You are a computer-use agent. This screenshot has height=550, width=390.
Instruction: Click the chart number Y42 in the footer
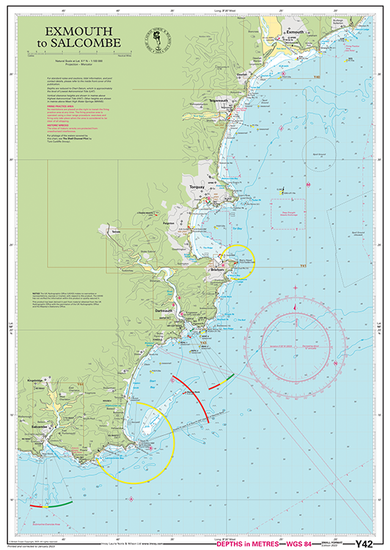(365, 543)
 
